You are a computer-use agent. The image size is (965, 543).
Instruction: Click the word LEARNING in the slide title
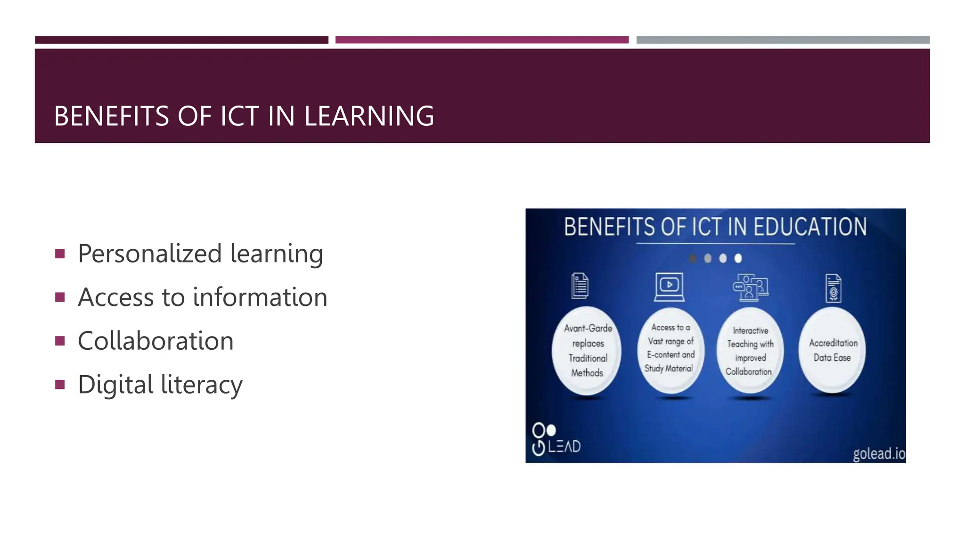(369, 116)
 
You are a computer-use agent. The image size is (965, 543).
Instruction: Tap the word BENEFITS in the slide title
(112, 116)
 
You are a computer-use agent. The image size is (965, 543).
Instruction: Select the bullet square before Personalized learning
(60, 254)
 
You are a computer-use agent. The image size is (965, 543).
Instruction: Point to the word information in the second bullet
(260, 297)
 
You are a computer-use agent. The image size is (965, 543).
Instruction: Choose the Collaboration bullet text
(155, 341)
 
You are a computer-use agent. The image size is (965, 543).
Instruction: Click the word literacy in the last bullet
(202, 385)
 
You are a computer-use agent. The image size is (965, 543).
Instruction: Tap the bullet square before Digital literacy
(60, 385)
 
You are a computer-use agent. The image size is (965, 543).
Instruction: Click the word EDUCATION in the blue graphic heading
(810, 227)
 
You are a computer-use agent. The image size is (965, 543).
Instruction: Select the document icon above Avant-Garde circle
(580, 286)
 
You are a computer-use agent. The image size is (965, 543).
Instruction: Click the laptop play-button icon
(669, 287)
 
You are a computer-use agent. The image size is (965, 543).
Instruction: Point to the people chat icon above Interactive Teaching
(750, 287)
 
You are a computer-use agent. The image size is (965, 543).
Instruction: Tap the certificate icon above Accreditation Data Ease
(833, 288)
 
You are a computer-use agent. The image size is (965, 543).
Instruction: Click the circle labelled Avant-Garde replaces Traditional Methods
(587, 351)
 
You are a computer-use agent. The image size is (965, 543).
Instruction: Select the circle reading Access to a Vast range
(670, 349)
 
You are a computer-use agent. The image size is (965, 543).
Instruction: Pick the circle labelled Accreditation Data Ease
(832, 350)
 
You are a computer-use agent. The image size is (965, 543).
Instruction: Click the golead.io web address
(878, 453)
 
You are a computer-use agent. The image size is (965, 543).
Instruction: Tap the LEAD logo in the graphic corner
(556, 440)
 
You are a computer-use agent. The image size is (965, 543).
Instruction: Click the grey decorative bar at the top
(783, 40)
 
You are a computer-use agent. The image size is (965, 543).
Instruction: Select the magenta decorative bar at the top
(482, 40)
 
